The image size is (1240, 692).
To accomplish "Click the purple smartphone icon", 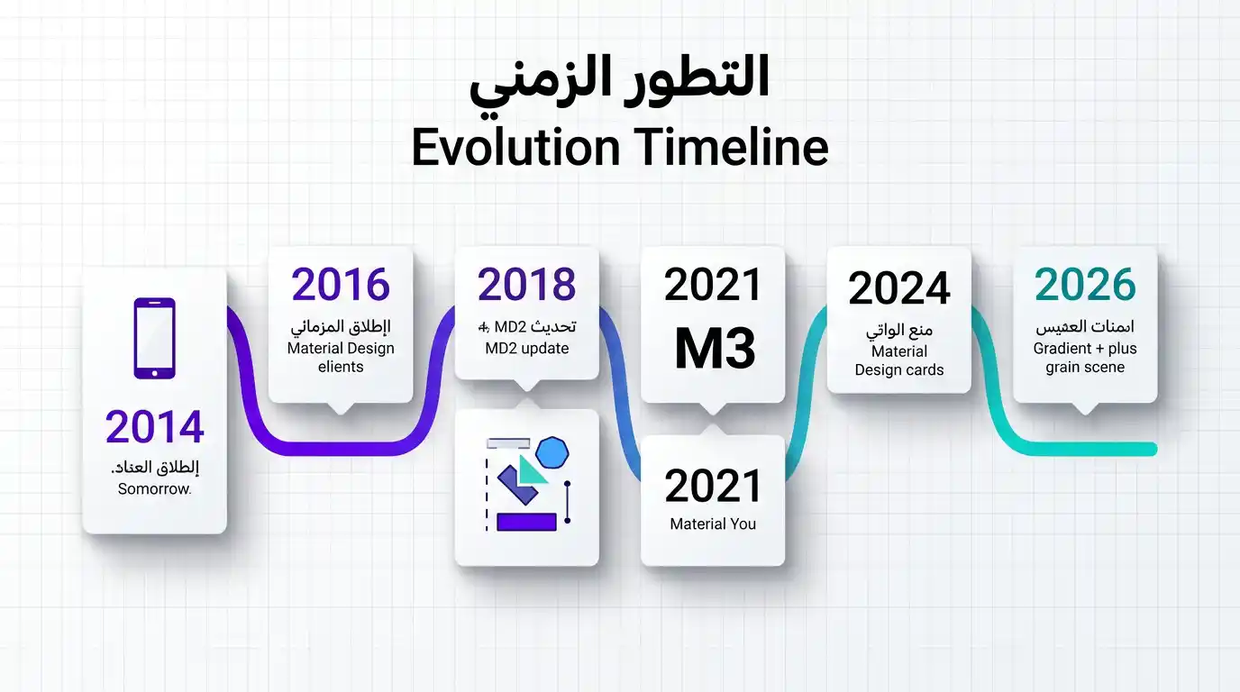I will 154,338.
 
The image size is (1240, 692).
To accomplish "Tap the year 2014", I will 154,427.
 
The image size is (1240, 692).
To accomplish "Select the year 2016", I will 341,285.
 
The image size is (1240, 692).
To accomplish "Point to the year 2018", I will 526,285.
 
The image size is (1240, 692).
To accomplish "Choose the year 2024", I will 898,289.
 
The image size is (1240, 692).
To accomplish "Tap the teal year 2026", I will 1085,285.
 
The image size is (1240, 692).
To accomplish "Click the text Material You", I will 713,524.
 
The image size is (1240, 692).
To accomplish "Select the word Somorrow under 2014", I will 154,489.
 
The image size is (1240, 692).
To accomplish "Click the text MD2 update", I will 526,349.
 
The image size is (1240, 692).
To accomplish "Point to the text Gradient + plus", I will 1085,349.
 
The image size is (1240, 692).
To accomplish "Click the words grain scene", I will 1085,368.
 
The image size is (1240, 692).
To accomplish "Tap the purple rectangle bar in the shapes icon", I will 526,521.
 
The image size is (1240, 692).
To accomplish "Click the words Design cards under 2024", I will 898,370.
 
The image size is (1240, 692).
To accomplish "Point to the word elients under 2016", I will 341,368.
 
